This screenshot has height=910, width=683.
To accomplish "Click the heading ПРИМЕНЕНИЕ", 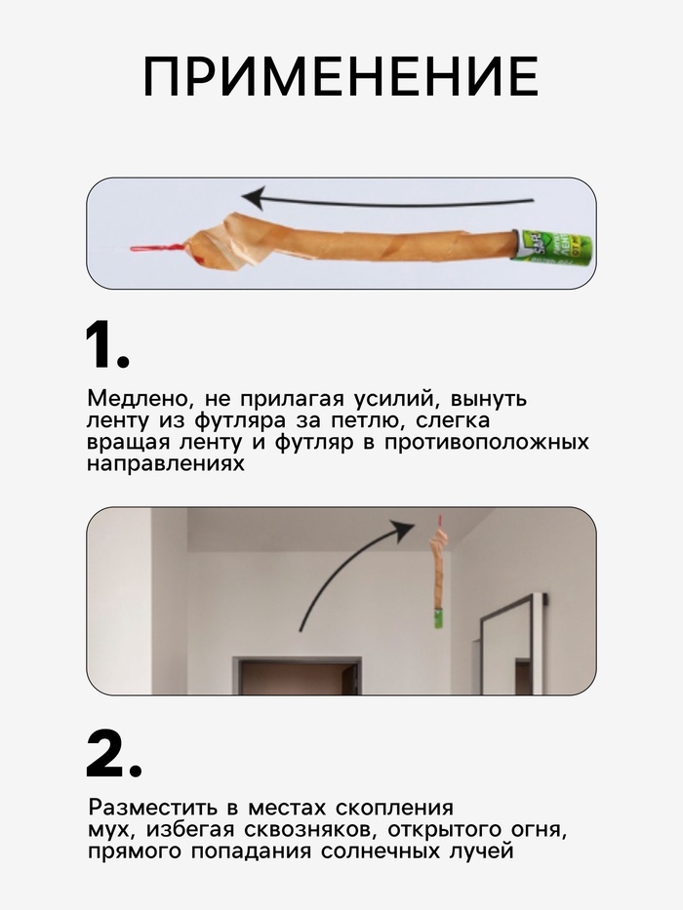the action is pyautogui.click(x=341, y=76).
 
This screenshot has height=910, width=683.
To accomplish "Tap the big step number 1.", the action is pyautogui.click(x=107, y=345).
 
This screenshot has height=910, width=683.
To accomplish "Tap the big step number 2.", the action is pyautogui.click(x=114, y=754).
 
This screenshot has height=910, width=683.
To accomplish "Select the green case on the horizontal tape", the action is pyautogui.click(x=553, y=248).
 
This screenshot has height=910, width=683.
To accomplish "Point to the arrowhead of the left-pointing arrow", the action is pyautogui.click(x=255, y=197).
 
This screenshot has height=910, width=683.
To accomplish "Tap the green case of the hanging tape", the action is pyautogui.click(x=439, y=617).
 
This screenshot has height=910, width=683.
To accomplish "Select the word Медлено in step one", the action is pyautogui.click(x=137, y=400).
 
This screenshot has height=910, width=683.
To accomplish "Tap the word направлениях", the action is pyautogui.click(x=166, y=464).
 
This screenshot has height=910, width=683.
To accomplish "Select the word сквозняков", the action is pyautogui.click(x=309, y=830).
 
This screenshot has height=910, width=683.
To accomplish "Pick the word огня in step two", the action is pyautogui.click(x=538, y=830).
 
